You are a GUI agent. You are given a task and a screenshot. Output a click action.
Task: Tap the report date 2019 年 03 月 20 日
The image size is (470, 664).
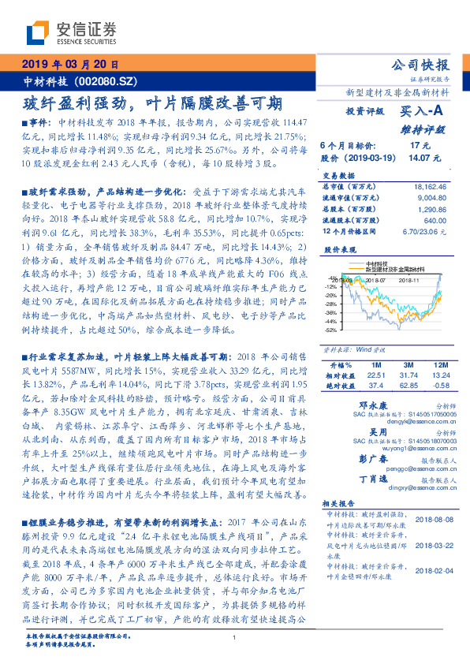pyautogui.click(x=70, y=65)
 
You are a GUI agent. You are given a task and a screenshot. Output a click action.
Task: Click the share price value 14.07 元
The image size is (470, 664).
pyautogui.click(x=416, y=157)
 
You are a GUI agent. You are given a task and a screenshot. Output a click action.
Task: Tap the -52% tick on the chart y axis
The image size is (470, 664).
pyautogui.click(x=330, y=330)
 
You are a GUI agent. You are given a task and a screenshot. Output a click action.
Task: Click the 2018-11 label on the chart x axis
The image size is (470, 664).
pyautogui.click(x=408, y=278)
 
